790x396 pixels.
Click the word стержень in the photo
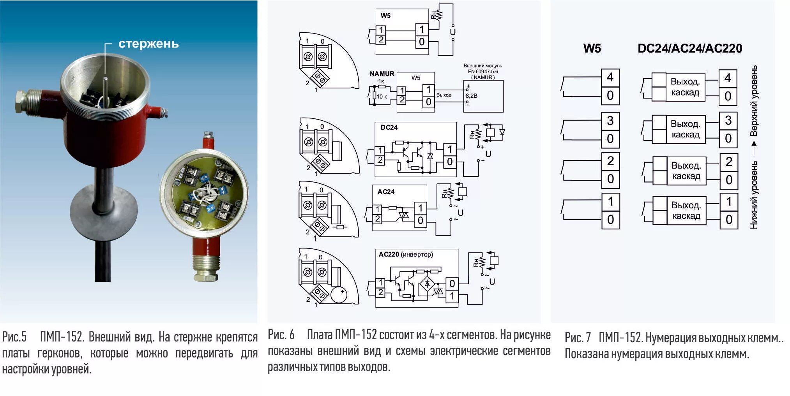(x=148, y=44)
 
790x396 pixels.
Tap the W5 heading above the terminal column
(x=592, y=48)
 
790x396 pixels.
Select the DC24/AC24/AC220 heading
(x=689, y=48)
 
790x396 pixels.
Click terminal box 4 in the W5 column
(x=610, y=77)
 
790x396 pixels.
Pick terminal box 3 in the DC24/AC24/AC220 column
(x=728, y=120)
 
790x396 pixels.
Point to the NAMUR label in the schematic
(x=382, y=74)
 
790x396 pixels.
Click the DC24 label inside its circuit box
(x=389, y=127)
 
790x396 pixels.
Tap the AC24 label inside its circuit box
(x=386, y=192)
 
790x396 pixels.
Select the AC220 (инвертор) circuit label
(x=405, y=254)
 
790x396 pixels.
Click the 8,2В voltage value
(x=471, y=96)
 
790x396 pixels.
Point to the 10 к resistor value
(x=382, y=97)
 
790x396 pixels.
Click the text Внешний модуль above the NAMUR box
(x=482, y=66)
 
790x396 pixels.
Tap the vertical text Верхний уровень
(x=754, y=100)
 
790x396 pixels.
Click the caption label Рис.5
(x=14, y=336)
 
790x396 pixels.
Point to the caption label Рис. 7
(x=578, y=337)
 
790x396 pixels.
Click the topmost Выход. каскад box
(x=685, y=87)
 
